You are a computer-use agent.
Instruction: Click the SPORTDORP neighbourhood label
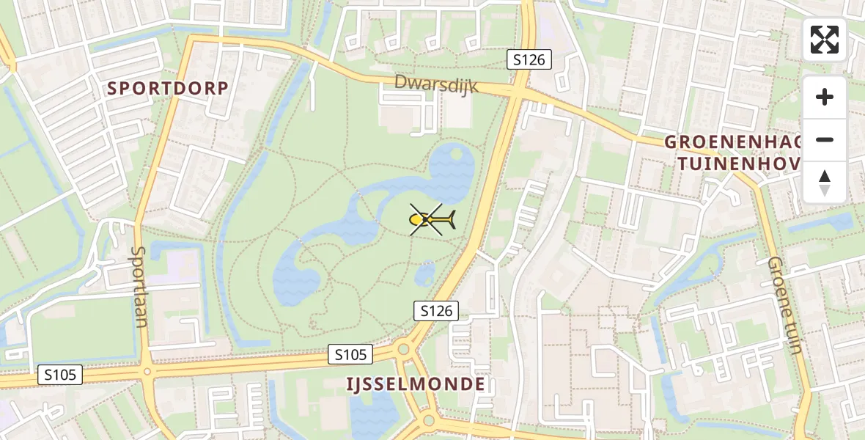point(168,88)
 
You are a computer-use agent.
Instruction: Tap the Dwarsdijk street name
point(436,84)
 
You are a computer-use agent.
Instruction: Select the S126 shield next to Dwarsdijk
point(529,60)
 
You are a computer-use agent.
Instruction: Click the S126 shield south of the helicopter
point(436,311)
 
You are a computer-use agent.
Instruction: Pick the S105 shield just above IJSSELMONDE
point(350,355)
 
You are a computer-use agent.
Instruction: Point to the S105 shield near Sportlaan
point(60,375)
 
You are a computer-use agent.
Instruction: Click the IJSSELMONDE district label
point(416,384)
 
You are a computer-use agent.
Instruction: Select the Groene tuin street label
point(785,304)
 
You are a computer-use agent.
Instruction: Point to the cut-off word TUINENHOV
point(737,163)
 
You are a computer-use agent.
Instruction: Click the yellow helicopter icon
point(431,219)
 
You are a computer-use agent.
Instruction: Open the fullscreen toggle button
point(825,40)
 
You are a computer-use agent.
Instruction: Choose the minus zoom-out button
point(825,140)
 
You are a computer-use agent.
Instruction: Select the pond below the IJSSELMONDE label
point(374,414)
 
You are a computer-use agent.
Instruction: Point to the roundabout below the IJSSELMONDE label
point(429,420)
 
